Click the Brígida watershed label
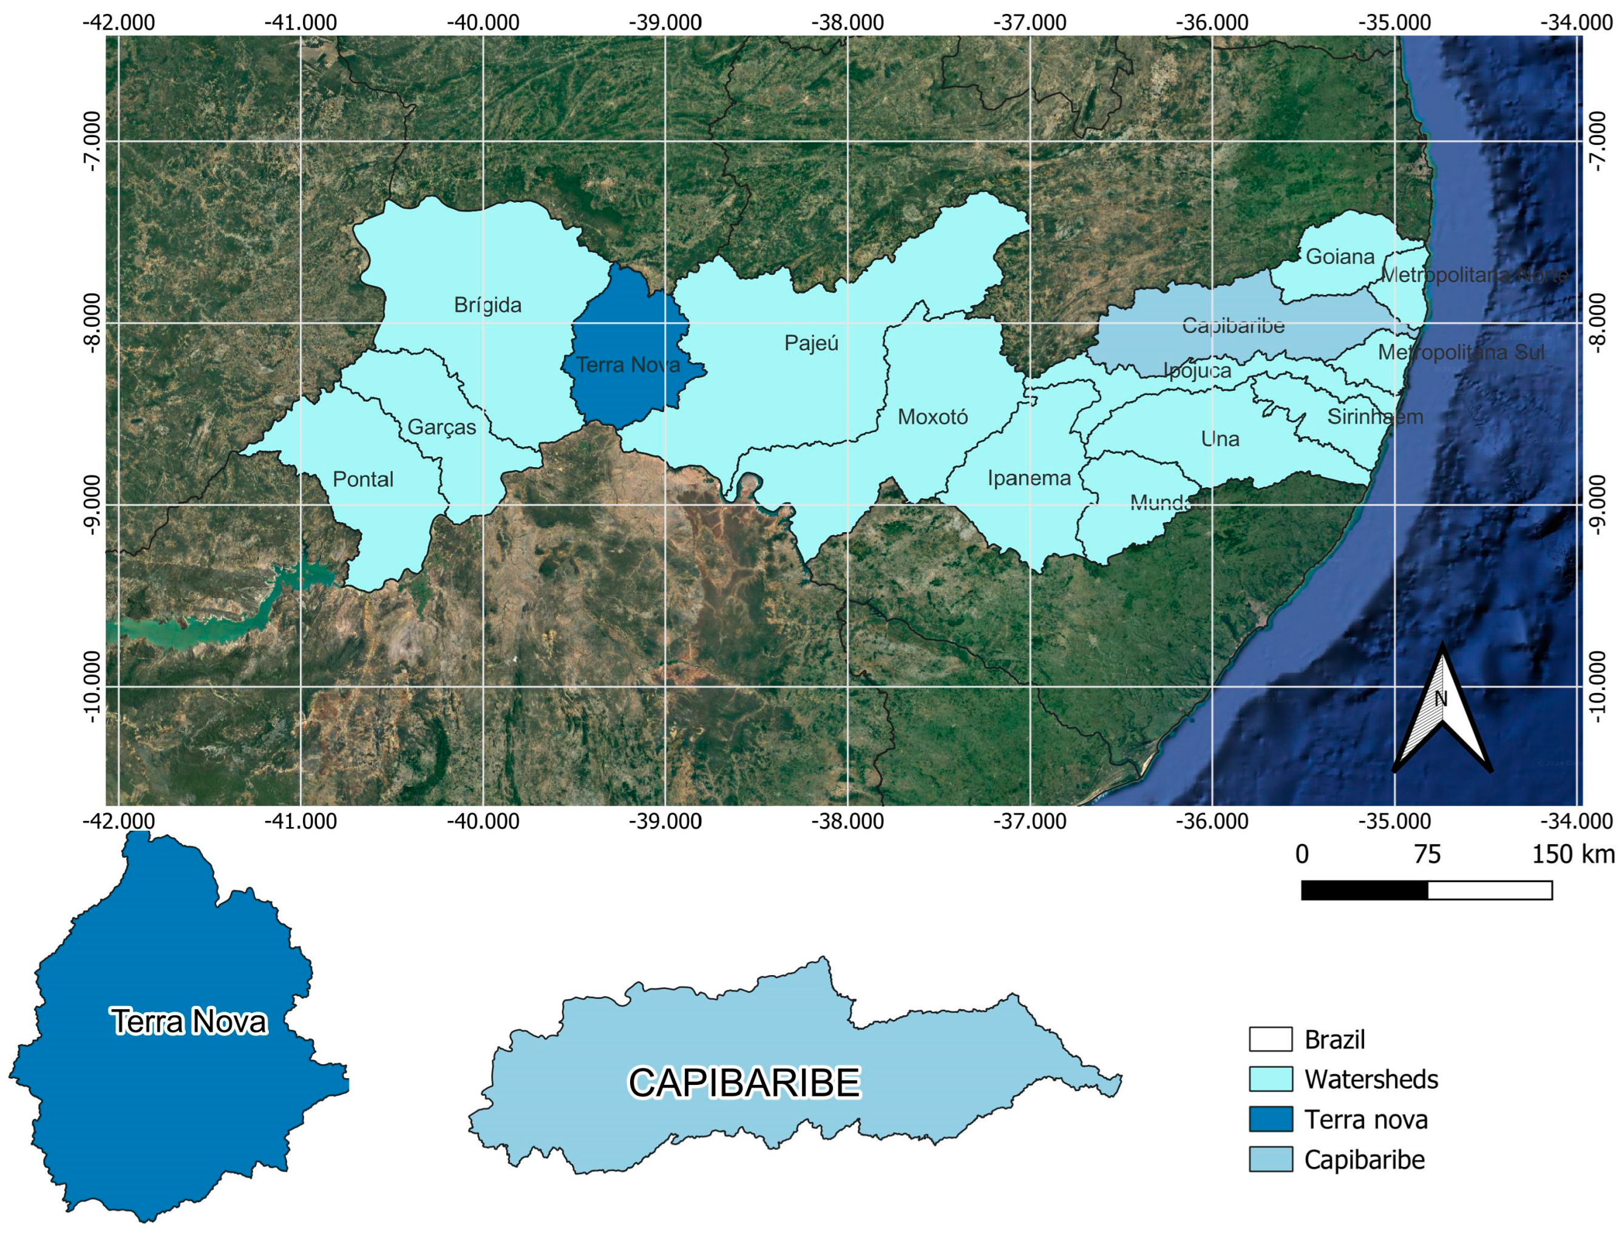[x=487, y=305]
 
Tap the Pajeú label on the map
[x=811, y=343]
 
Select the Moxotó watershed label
[x=932, y=417]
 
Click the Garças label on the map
[x=441, y=427]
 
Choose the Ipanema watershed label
[x=1029, y=478]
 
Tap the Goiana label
[x=1340, y=257]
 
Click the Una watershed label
[x=1220, y=439]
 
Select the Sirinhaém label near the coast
[x=1375, y=417]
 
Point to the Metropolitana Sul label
[x=1461, y=353]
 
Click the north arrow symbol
[x=1442, y=710]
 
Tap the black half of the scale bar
[x=1363, y=890]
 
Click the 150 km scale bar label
[x=1573, y=854]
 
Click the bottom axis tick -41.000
[x=301, y=821]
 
